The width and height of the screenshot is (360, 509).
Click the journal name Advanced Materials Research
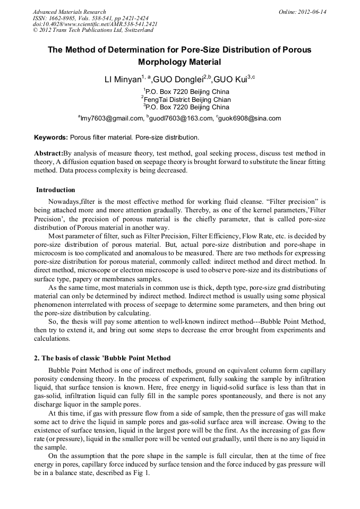click(70, 12)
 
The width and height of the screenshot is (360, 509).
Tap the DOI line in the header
click(95, 24)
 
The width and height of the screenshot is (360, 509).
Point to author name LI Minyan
click(125, 81)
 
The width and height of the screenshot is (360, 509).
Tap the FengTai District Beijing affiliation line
click(180, 99)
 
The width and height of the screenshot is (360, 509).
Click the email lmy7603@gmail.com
click(111, 118)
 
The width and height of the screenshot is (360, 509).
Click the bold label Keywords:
click(51, 137)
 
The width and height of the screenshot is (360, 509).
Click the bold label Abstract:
click(48, 153)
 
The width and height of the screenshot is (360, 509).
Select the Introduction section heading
click(56, 190)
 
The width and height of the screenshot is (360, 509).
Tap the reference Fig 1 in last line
click(143, 472)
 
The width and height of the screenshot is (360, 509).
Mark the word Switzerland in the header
click(138, 30)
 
